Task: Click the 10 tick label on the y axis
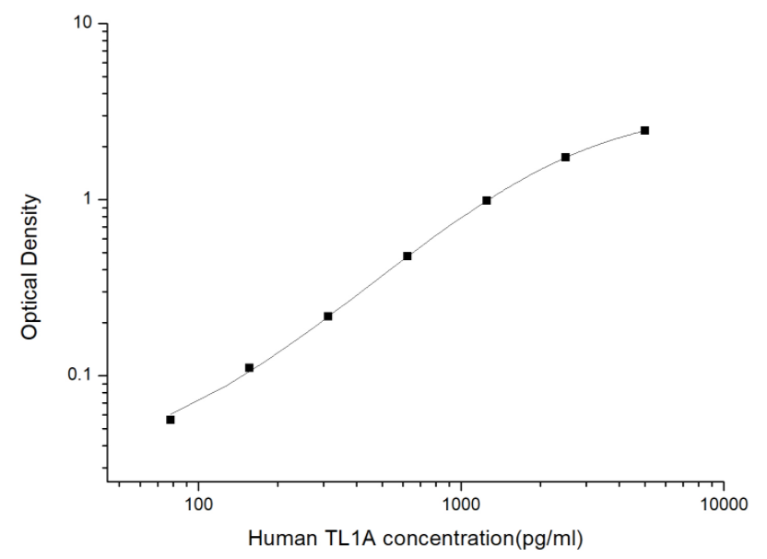[x=86, y=23]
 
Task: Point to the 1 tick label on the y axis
[x=91, y=199]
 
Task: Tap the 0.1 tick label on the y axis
[x=82, y=375]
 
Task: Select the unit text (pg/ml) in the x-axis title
[x=549, y=537]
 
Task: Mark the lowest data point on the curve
[x=171, y=420]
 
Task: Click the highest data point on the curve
[x=644, y=131]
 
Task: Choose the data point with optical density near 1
[x=487, y=200]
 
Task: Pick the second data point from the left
[x=249, y=368]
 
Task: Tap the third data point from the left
[x=328, y=316]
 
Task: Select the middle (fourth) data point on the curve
[x=407, y=256]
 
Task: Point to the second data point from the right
[x=565, y=158]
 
